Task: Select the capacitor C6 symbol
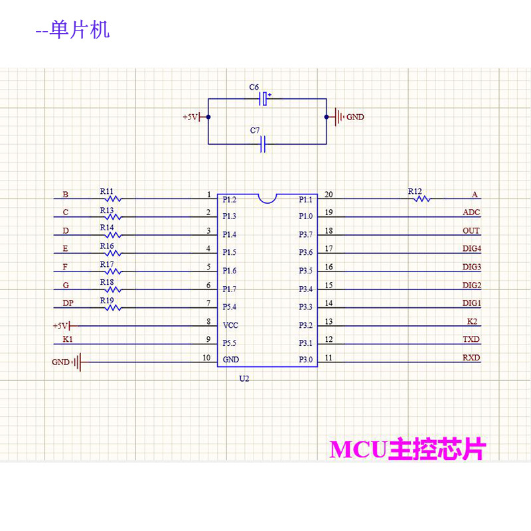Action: (x=264, y=99)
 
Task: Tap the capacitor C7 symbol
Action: (x=264, y=143)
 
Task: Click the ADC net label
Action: (x=471, y=213)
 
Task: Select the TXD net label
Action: (x=471, y=339)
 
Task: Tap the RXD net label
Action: (x=471, y=358)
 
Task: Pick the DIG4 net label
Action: (x=471, y=249)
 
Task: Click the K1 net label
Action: (x=67, y=339)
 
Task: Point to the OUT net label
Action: (x=471, y=231)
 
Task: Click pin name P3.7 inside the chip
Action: (x=305, y=234)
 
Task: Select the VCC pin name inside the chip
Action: (x=230, y=326)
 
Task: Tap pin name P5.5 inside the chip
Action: (x=230, y=344)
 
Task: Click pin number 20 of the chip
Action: (x=329, y=194)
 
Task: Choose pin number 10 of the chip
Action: (x=206, y=358)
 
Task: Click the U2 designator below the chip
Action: (x=244, y=378)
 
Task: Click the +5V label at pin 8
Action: (x=60, y=326)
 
